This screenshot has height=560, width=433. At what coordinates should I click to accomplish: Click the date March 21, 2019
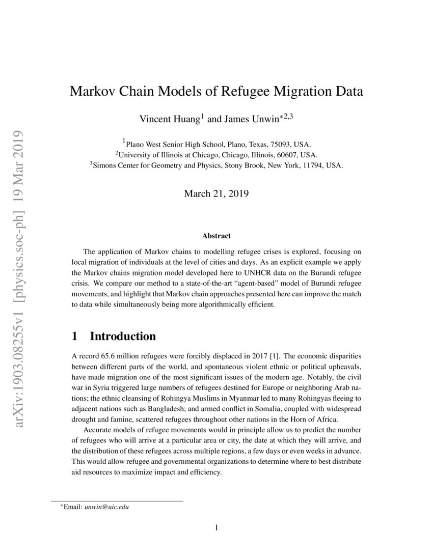pyautogui.click(x=216, y=194)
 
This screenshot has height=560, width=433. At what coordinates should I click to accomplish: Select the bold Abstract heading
pyautogui.click(x=216, y=236)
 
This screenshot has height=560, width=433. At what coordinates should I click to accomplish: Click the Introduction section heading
pyautogui.click(x=123, y=337)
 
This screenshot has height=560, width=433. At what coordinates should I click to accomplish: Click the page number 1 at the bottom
pyautogui.click(x=216, y=527)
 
